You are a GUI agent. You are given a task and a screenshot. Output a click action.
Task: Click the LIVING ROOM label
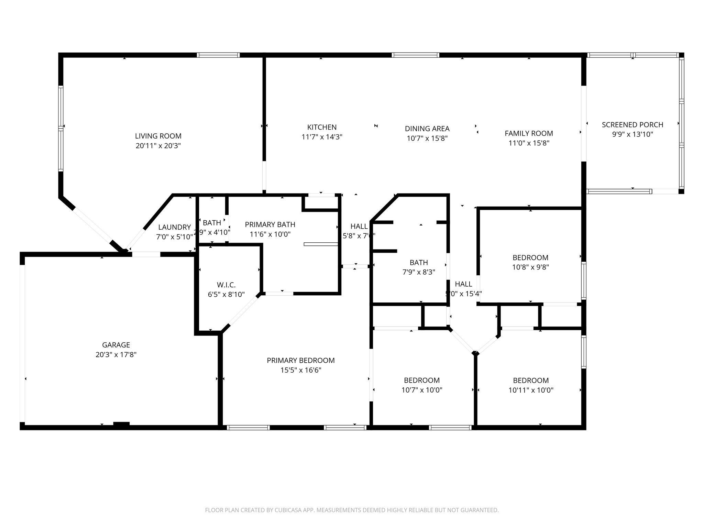click(x=158, y=136)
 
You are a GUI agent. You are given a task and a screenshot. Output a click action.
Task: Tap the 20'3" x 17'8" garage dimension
click(x=116, y=354)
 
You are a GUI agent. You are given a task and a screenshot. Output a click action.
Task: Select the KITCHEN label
click(x=322, y=127)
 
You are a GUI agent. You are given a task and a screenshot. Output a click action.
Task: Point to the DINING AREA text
click(x=427, y=129)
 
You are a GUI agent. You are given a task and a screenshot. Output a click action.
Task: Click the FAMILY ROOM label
click(x=529, y=133)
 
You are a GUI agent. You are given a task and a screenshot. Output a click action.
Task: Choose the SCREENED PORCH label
click(x=632, y=125)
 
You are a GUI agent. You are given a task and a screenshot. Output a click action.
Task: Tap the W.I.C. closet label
click(x=226, y=285)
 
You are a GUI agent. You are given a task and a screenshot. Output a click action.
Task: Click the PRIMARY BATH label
click(x=270, y=224)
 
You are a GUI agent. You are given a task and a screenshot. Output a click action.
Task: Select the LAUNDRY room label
click(x=174, y=227)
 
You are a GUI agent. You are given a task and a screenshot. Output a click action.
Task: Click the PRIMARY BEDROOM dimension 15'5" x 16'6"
click(x=301, y=370)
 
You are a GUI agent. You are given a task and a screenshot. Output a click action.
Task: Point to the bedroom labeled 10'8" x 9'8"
click(x=530, y=267)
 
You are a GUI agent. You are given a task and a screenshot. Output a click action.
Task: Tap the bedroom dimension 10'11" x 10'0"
click(x=531, y=390)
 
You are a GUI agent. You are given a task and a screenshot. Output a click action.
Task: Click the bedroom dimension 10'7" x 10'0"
click(x=422, y=390)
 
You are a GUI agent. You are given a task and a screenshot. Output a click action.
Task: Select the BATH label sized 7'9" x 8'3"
click(x=419, y=263)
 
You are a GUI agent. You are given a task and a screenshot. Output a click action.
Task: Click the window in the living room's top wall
click(x=218, y=55)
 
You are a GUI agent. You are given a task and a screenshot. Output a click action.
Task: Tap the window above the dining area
click(x=416, y=55)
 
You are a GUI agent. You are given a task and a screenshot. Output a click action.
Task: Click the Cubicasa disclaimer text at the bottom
click(x=352, y=510)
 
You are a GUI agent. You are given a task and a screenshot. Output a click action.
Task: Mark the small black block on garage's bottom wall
click(x=121, y=424)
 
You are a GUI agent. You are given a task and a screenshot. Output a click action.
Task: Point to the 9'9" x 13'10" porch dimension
click(x=632, y=134)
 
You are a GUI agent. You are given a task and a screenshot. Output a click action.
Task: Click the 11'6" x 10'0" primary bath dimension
click(x=270, y=234)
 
